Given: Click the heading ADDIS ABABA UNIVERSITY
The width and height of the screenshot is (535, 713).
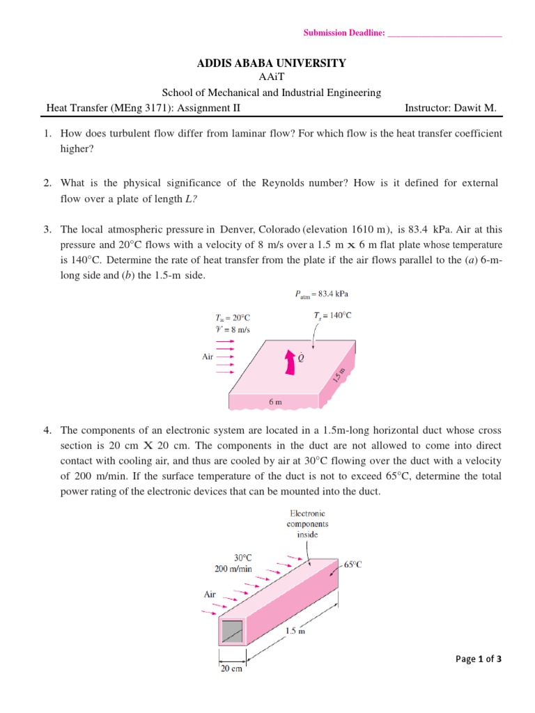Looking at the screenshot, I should click(x=272, y=63).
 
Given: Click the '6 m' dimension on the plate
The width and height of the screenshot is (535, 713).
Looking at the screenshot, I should click(x=275, y=402).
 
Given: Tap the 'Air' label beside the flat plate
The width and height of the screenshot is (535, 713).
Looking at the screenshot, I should click(x=208, y=356).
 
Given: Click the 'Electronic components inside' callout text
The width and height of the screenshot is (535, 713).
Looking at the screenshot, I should click(x=309, y=524).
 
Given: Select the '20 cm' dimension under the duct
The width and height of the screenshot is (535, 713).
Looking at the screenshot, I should click(x=231, y=669).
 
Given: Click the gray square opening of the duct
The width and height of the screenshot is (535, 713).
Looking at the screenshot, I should click(x=232, y=631).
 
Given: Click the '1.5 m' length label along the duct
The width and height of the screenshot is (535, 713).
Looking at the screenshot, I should click(x=296, y=632).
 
